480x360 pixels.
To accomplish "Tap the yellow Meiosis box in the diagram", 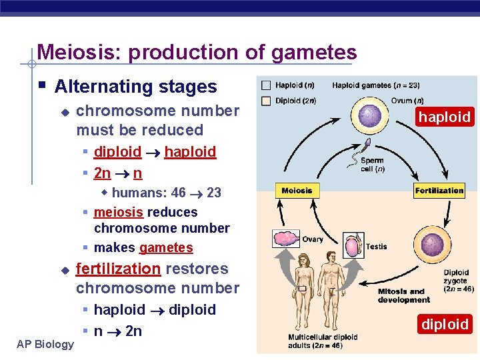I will coord(297,191).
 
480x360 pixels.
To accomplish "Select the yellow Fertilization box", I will coord(439,191).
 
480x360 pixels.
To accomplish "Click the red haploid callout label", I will coord(445,117).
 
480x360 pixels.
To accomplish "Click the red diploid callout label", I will coord(445,325).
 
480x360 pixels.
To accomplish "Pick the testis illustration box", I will coord(353,245).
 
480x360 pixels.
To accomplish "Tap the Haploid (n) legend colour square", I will coord(267,85).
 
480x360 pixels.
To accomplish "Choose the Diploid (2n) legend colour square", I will coord(267,101).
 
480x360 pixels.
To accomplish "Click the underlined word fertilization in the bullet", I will coord(118,269).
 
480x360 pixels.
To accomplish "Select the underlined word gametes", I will coord(166,248).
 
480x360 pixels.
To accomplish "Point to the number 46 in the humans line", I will coord(178,193).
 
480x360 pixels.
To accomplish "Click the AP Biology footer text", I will coord(45,344).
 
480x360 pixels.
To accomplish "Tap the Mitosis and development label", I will coord(404,295).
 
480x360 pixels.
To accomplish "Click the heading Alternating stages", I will coord(135,87).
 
